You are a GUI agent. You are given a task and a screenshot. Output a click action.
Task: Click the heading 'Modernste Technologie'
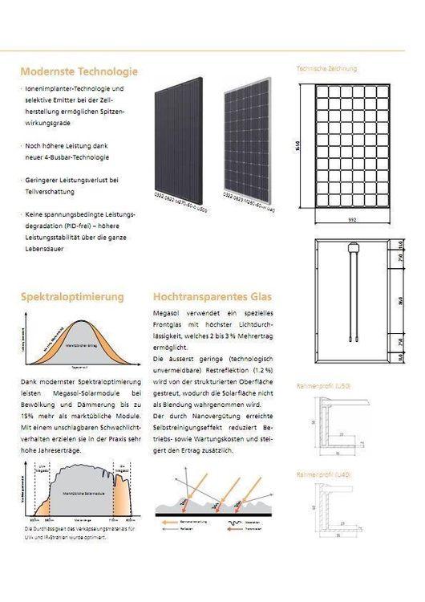click(x=79, y=71)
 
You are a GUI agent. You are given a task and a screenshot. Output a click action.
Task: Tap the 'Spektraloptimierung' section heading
click(x=72, y=297)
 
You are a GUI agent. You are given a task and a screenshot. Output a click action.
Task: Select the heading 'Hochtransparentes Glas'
click(x=206, y=297)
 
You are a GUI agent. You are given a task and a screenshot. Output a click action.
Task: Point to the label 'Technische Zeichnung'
click(x=326, y=69)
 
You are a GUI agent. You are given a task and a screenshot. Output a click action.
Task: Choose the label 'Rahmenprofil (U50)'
click(x=323, y=387)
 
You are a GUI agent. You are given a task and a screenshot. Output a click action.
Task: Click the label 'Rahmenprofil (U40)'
click(x=323, y=475)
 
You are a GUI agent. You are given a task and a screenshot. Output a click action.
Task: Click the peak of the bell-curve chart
click(x=77, y=323)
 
